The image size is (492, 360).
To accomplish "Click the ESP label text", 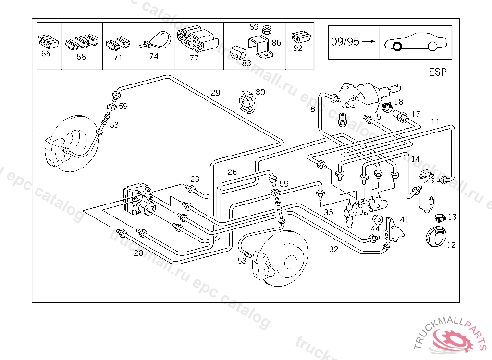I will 438,72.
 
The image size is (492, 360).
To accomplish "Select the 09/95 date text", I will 345,41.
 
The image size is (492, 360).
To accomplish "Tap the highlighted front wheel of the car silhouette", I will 397,47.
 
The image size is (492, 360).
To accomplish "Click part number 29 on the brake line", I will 215,93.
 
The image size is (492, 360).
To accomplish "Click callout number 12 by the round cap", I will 451,245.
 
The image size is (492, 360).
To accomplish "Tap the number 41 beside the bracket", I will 404,220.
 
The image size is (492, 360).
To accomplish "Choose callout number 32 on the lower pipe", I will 334,249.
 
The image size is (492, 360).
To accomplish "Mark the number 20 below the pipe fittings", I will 138,253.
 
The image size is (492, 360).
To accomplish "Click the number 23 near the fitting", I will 195,179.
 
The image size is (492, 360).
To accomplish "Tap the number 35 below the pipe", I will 328,212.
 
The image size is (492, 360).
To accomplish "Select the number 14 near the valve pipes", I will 415,159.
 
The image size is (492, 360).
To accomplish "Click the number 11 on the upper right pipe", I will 435,121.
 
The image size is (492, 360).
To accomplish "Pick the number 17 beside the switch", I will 416,114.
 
